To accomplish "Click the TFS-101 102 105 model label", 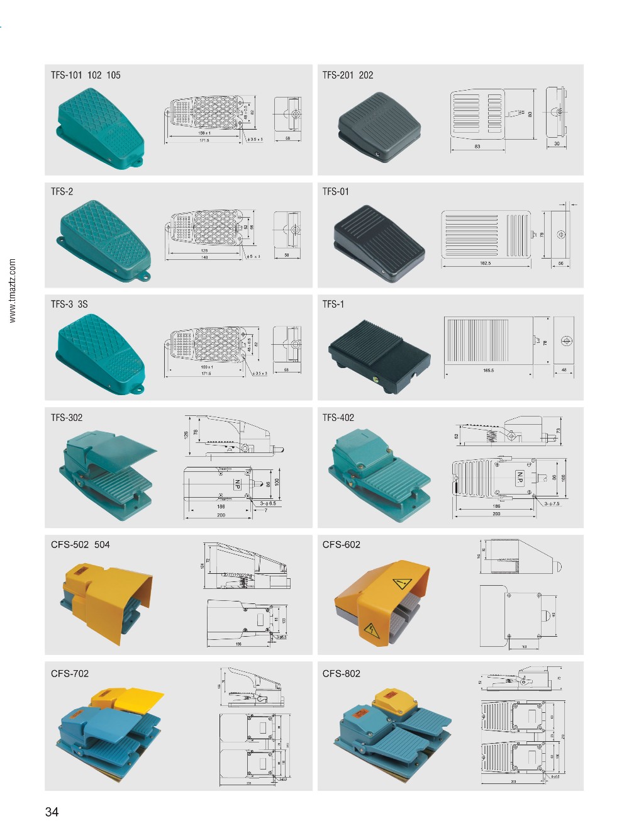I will coord(86,76).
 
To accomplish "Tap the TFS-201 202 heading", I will coord(348,76).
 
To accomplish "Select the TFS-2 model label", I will coord(62,192).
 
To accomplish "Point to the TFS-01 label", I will coord(335,192).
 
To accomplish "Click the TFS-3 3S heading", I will coord(69,305).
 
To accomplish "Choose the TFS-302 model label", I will coord(67,418).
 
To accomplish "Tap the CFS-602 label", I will coord(342,545).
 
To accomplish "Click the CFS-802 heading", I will coord(342,674).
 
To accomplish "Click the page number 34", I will coord(52,812).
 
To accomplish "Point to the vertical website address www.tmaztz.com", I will coord(13,291).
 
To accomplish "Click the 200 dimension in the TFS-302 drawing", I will coord(220,515).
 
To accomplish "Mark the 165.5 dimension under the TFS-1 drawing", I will coord(488,371).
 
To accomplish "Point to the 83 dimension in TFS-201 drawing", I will coord(477,147).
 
